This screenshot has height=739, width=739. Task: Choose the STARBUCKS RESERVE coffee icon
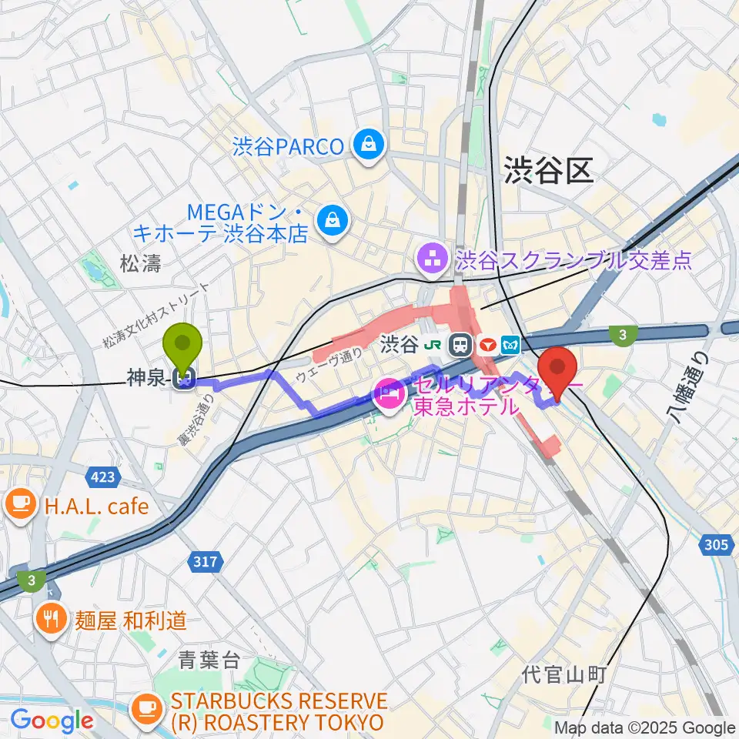[x=147, y=705]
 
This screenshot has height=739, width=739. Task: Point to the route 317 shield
[x=206, y=562]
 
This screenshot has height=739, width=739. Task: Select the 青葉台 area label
[x=209, y=660]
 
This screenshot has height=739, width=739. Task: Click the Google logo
[x=52, y=721]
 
